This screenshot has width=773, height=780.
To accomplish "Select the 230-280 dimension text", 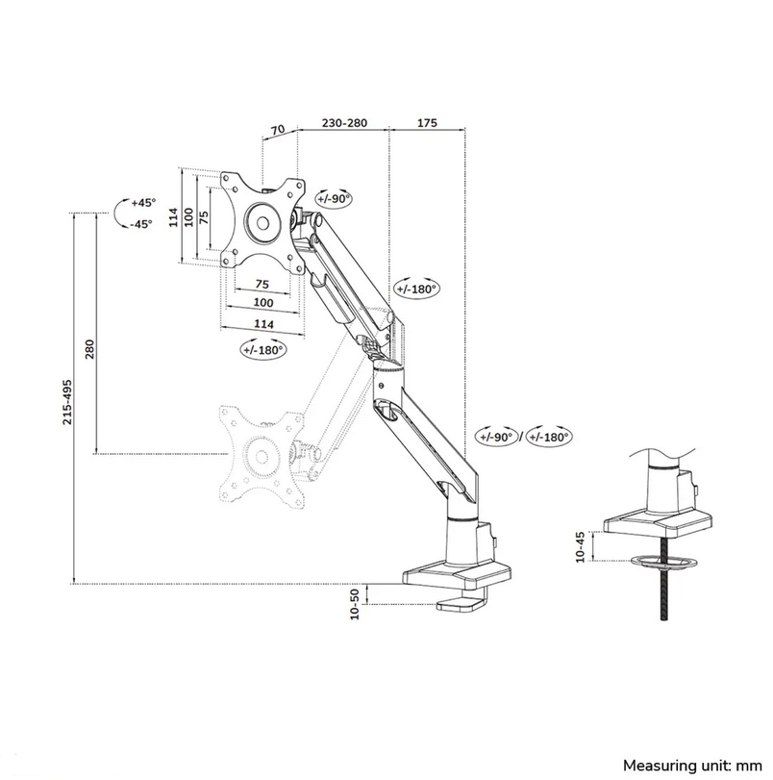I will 343,124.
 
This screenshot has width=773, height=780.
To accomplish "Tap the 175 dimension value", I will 428,124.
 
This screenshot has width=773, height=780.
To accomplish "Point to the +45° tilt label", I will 142,203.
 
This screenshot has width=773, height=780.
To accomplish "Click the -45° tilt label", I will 141,224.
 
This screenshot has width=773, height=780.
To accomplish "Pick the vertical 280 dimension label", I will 90,348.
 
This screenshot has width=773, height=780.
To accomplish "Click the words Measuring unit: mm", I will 686,766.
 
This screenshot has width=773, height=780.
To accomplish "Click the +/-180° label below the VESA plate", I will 264,351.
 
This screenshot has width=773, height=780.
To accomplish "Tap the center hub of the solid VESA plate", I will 261,220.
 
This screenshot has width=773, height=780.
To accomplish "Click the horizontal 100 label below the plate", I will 262,304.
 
